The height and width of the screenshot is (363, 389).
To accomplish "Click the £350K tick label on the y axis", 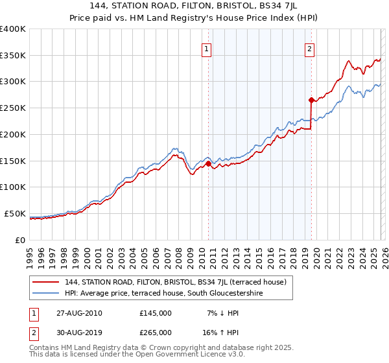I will [x=12, y=55].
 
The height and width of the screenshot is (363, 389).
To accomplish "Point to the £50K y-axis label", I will [x=14, y=213].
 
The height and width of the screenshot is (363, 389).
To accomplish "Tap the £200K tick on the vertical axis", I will [x=12, y=134].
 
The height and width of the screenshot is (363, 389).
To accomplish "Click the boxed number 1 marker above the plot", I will [x=207, y=48].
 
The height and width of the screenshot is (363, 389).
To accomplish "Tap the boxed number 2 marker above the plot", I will [x=310, y=48].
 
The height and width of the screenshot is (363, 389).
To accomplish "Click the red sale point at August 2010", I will [x=208, y=164].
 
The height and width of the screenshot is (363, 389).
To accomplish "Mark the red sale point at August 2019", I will [x=311, y=100].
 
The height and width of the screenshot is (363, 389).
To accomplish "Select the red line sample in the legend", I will [x=46, y=282].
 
